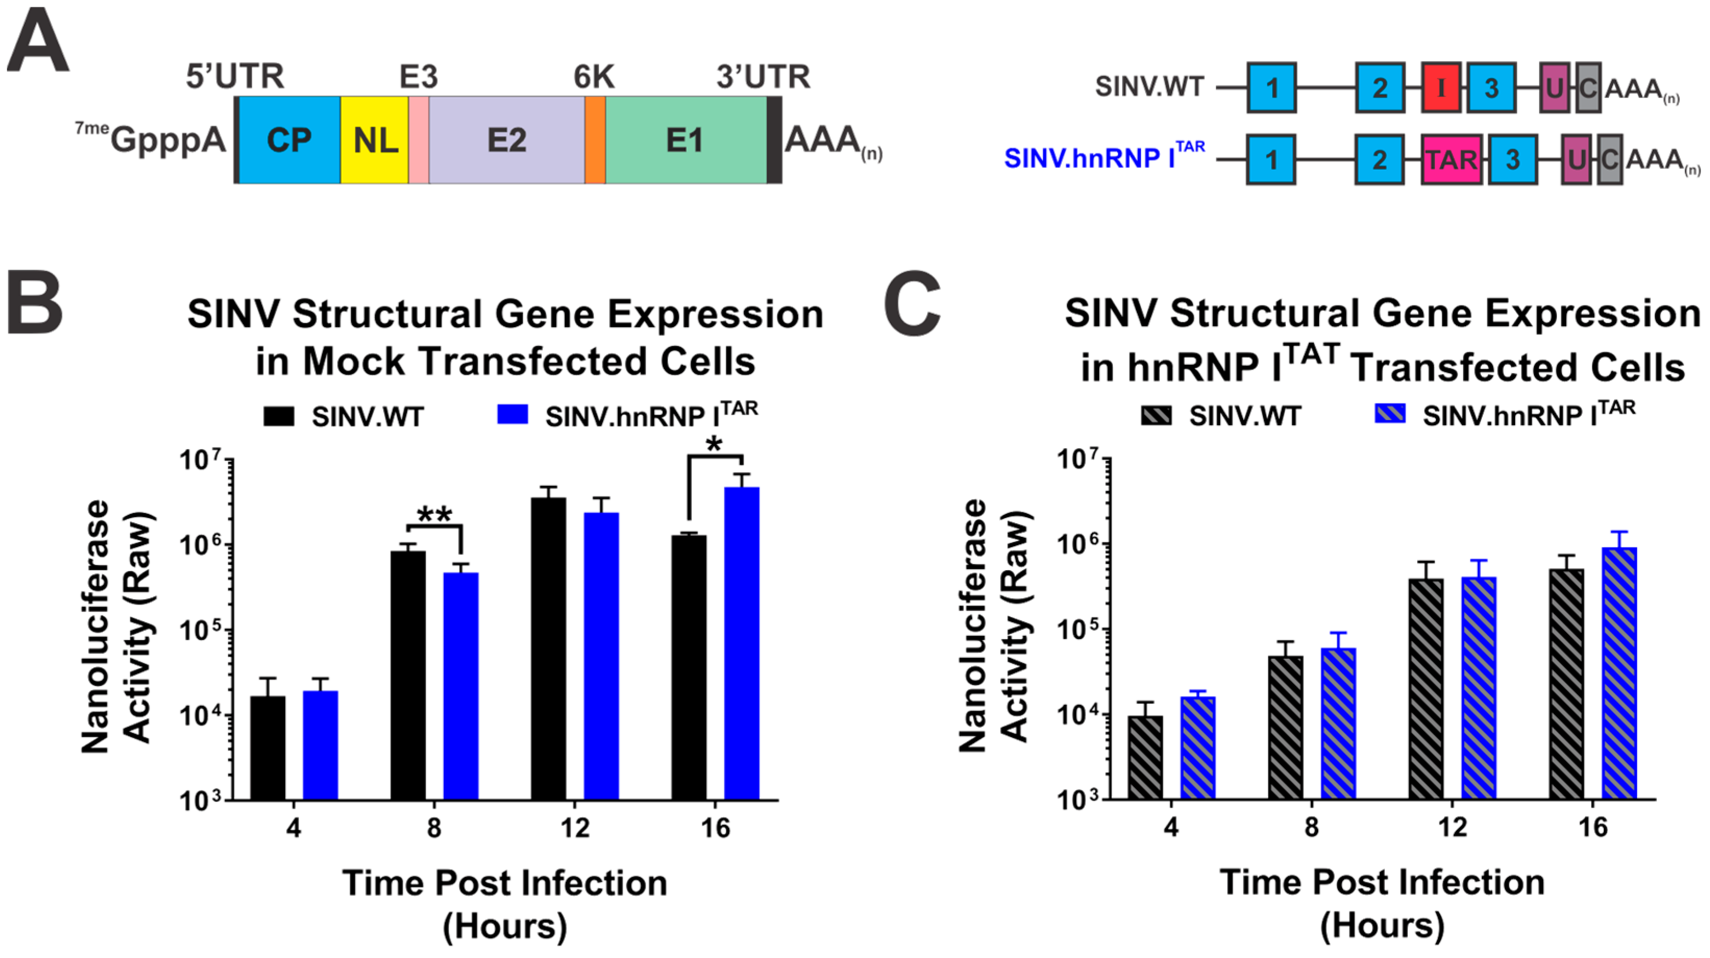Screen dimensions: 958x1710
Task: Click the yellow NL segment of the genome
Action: click(x=375, y=140)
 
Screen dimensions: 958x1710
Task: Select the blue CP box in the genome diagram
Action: click(x=289, y=140)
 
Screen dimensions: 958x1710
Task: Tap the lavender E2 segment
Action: click(x=506, y=140)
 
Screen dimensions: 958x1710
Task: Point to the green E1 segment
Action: click(x=685, y=140)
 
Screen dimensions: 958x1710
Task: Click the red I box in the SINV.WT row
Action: click(x=1441, y=88)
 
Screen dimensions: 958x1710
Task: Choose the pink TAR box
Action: click(x=1452, y=159)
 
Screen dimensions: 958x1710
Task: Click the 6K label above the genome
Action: click(x=593, y=77)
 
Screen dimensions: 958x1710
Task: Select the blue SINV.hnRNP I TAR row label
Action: click(x=1104, y=158)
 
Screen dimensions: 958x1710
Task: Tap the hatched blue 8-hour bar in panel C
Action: click(x=1339, y=723)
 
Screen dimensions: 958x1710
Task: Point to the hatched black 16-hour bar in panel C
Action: click(x=1567, y=684)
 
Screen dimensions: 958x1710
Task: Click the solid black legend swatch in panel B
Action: click(x=279, y=416)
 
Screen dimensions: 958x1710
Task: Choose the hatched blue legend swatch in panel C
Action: click(x=1390, y=415)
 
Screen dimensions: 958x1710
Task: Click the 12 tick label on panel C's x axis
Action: click(x=1452, y=827)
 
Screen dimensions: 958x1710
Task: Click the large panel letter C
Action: click(x=913, y=304)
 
